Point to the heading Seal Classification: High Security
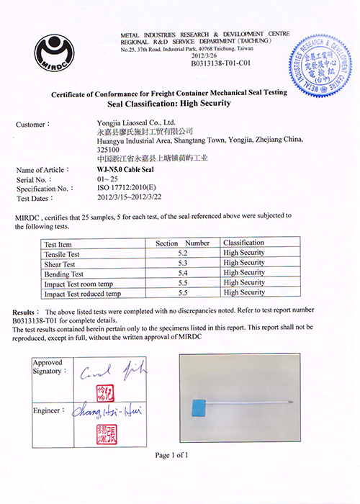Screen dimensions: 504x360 pyautogui.click(x=167, y=103)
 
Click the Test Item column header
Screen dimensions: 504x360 pyautogui.click(x=60, y=243)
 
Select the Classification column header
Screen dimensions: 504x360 pyautogui.click(x=243, y=243)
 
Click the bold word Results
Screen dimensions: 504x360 pyautogui.click(x=27, y=310)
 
